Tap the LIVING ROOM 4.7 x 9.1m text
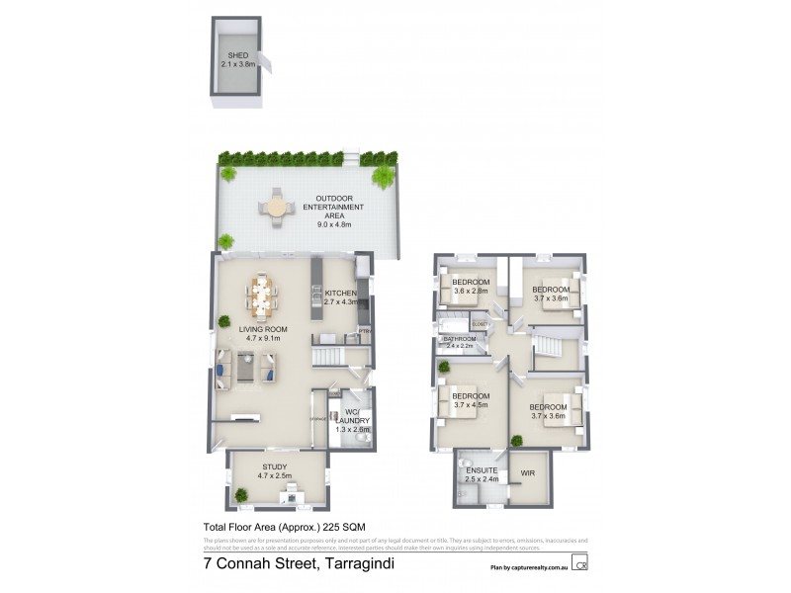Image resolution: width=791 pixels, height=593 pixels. click(262, 333)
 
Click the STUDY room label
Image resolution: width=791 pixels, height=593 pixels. click(275, 470)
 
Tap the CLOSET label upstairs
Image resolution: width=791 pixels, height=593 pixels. click(482, 324)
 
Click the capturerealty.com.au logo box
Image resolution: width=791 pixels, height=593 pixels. click(581, 564)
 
